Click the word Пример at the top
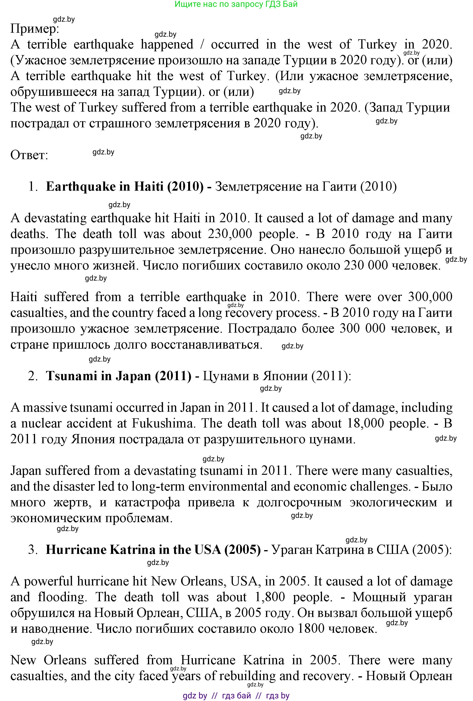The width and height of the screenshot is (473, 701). coord(34,29)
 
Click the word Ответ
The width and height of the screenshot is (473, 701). coord(29,155)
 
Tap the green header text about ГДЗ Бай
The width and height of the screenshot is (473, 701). coord(236,4)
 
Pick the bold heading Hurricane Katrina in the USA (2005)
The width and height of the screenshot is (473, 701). coord(153,550)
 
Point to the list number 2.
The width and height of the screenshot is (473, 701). coord(32,376)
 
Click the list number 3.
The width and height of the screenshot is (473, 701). coord(32,550)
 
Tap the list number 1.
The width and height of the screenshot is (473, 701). coord(32,187)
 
